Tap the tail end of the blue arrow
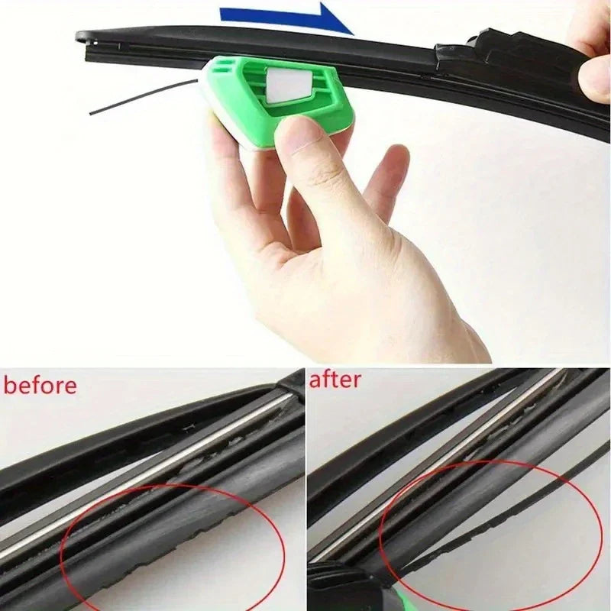tap(225, 13)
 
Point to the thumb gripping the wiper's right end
tap(594, 76)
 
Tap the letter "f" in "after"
tap(328, 379)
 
